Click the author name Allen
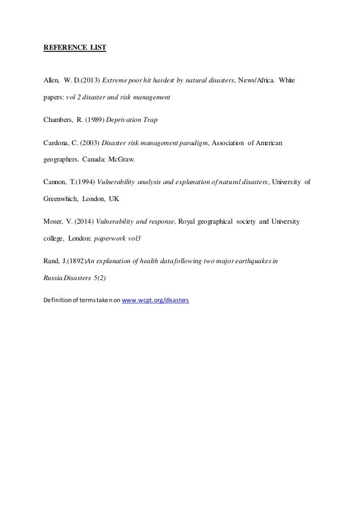52,81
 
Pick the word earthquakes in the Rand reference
253,261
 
